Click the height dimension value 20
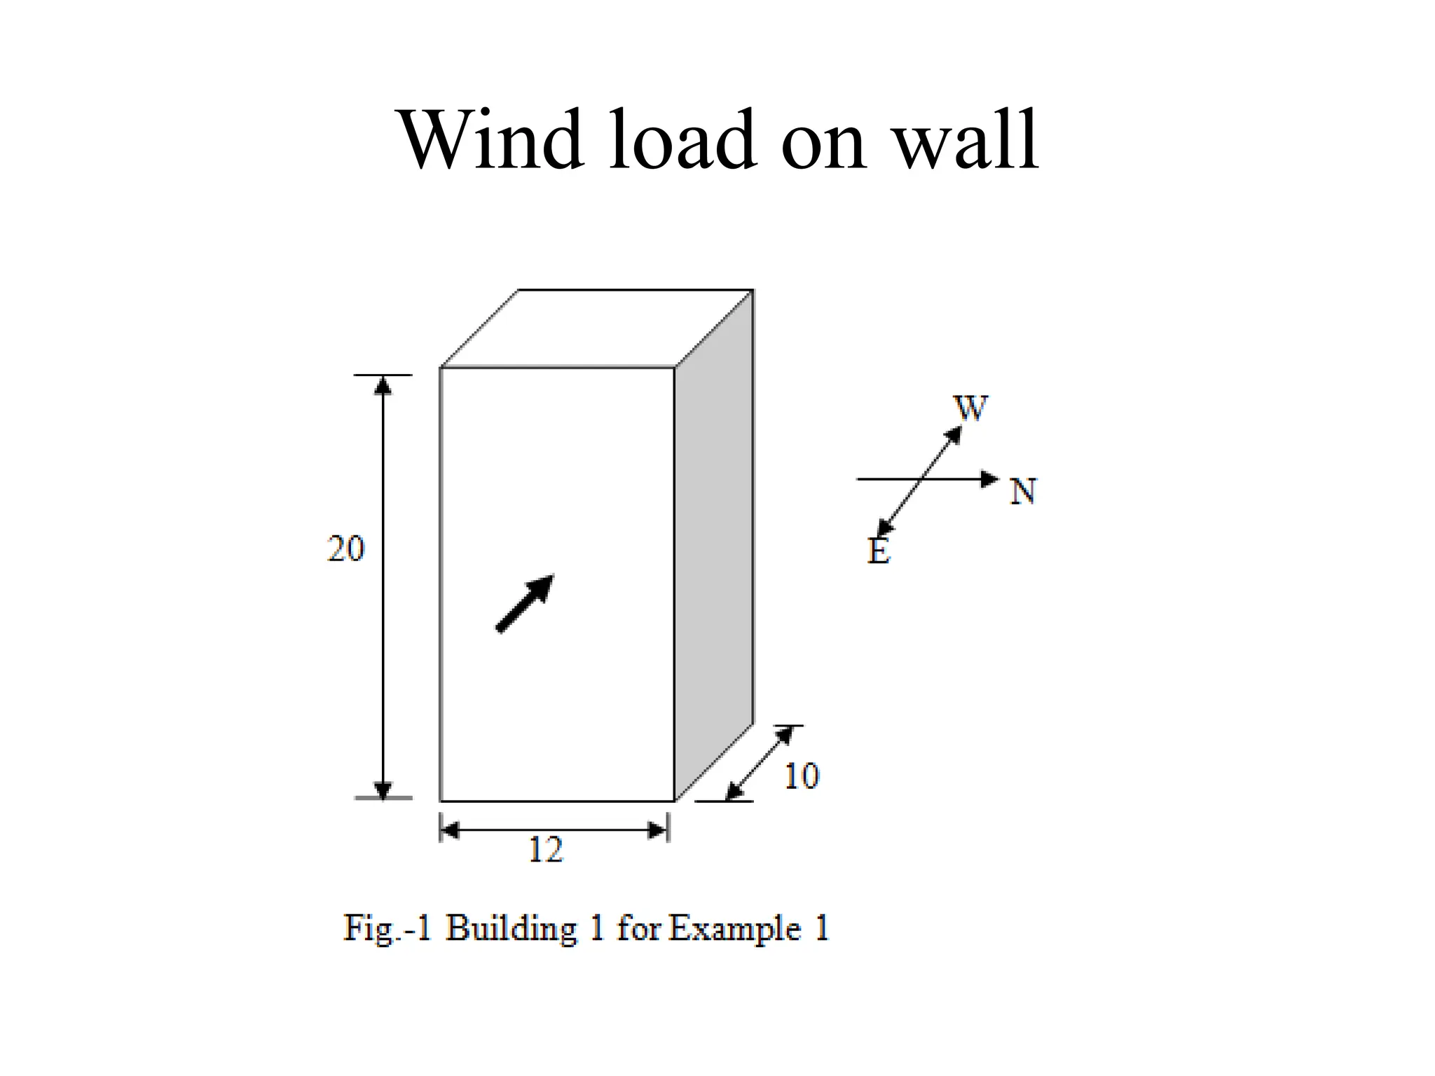[x=345, y=549]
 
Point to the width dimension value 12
[x=545, y=850]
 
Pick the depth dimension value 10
[x=801, y=776]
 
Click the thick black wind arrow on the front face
[x=525, y=603]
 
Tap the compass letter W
[x=970, y=408]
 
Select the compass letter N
[x=1023, y=491]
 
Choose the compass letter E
[x=879, y=551]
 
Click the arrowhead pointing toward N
[x=989, y=479]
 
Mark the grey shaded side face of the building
[x=714, y=545]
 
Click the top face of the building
[x=597, y=328]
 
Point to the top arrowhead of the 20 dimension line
[x=383, y=386]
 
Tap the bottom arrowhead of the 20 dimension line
[x=383, y=789]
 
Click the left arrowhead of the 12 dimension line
[x=451, y=831]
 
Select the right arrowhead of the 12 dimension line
[x=658, y=831]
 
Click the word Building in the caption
[x=511, y=930]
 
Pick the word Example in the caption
[x=735, y=930]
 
